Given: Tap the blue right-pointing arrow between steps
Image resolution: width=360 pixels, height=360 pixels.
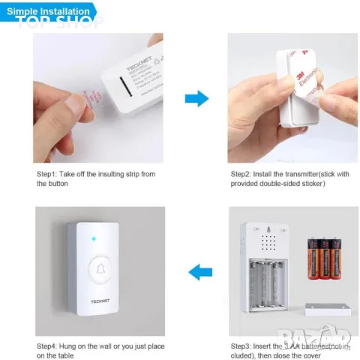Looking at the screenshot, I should [196, 98].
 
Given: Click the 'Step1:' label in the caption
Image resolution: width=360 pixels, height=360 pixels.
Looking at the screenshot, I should [48, 174].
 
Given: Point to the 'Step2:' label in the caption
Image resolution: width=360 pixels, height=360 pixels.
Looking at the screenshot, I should [241, 174].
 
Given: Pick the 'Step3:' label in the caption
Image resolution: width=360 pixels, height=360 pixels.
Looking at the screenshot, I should [241, 345].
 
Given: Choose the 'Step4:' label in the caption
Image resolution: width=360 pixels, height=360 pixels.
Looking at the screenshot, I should [48, 345].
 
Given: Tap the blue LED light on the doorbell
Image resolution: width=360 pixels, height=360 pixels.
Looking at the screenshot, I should [89, 241].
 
